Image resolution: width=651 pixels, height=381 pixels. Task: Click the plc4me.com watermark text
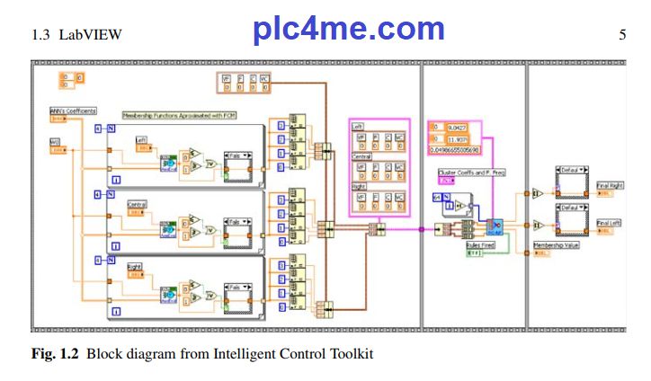[x=349, y=30]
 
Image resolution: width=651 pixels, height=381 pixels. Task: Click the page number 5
[x=622, y=36]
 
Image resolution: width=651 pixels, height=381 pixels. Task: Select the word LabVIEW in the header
[x=90, y=36]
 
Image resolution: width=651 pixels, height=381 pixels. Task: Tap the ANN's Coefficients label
[x=71, y=111]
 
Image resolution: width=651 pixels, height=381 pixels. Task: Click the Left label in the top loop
[x=141, y=140]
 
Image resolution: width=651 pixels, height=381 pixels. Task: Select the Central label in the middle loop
[x=138, y=204]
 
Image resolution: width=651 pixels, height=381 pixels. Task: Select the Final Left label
[x=610, y=223]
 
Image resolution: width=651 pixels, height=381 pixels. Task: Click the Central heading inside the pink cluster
[x=362, y=155]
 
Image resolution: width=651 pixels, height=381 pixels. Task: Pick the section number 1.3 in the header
[x=41, y=36]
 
